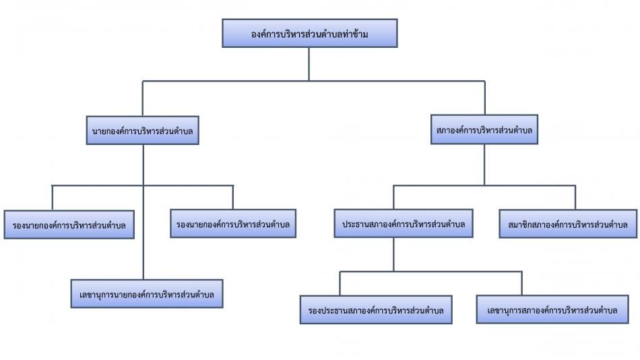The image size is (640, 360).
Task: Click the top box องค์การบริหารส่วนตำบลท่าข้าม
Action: (309, 32)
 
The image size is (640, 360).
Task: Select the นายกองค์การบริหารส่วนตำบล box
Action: (143, 130)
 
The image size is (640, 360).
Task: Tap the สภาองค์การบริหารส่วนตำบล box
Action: (484, 130)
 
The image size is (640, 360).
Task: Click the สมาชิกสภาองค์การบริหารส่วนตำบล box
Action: (568, 223)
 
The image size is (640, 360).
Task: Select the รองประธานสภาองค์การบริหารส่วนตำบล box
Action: (376, 309)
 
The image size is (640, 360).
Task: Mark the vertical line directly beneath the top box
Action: (309, 64)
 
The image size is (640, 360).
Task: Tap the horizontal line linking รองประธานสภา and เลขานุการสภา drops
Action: (431, 272)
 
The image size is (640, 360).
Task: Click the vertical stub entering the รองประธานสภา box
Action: (340, 283)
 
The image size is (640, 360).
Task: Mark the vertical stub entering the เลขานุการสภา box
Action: (521, 283)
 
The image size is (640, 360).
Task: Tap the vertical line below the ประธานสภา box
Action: (394, 254)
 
